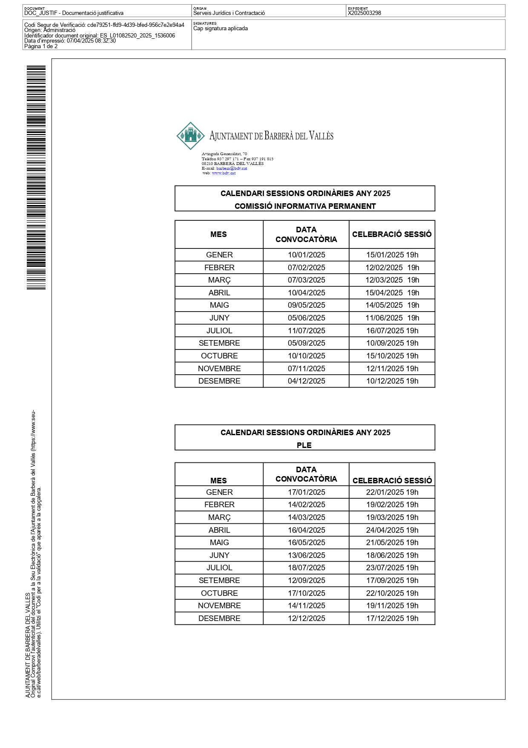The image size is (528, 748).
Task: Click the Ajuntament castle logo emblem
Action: [x=191, y=136]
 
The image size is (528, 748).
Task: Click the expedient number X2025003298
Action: [x=364, y=13]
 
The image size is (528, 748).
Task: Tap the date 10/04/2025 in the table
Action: [x=306, y=293]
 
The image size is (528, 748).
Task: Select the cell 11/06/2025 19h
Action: [x=392, y=318]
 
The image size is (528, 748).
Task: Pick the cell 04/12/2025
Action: [x=306, y=381]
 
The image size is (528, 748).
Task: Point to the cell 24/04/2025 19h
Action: [x=392, y=530]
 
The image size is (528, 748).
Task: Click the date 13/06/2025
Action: [x=306, y=555]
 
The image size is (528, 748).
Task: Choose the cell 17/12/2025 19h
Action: [x=392, y=618]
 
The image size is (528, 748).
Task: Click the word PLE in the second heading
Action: [x=304, y=445]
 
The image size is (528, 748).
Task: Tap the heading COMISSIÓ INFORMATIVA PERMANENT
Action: [x=305, y=206]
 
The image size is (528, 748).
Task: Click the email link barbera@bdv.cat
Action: [x=232, y=168]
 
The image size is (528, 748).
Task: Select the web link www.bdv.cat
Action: [x=224, y=173]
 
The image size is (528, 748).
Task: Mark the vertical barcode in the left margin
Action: [x=36, y=177]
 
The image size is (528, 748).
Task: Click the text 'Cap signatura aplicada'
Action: [x=221, y=29]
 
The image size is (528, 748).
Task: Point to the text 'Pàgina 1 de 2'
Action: [x=41, y=46]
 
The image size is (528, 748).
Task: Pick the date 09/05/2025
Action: [x=306, y=305]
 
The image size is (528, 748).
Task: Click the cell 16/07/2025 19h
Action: [x=392, y=331]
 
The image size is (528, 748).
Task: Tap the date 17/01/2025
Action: [x=306, y=492]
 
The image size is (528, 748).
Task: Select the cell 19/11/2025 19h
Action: [x=392, y=606]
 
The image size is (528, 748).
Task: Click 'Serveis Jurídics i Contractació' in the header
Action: [x=229, y=13]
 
